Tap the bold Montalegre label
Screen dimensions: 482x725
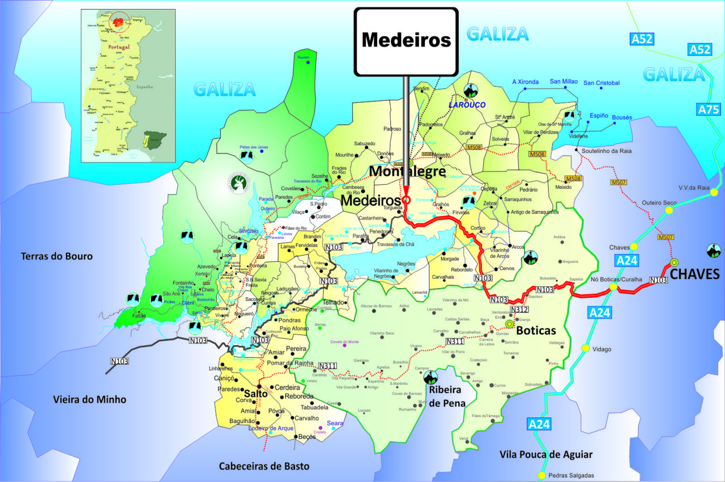click(x=407, y=171)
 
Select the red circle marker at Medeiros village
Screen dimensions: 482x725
click(x=406, y=200)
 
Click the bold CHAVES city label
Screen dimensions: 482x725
click(x=694, y=275)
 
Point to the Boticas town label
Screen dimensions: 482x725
click(x=536, y=330)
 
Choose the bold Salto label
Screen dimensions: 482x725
click(x=255, y=394)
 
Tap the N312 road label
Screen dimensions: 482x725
click(x=519, y=310)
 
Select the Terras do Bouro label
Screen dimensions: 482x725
click(x=57, y=256)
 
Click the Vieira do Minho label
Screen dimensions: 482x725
click(x=89, y=399)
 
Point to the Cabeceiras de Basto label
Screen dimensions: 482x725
click(x=265, y=466)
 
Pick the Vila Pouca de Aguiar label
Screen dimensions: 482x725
click(x=546, y=454)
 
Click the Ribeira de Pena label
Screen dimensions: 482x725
click(x=447, y=396)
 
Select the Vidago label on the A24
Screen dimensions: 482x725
click(x=601, y=349)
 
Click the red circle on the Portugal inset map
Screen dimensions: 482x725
click(x=120, y=22)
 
